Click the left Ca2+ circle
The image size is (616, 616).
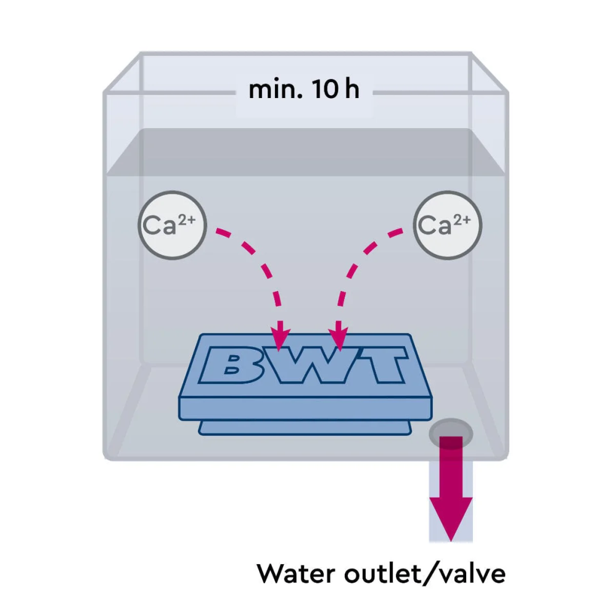(x=173, y=225)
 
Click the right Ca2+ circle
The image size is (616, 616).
(x=448, y=225)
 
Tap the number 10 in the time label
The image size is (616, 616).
(x=325, y=89)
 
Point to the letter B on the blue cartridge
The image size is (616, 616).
(x=232, y=364)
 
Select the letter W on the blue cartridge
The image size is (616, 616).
(x=310, y=364)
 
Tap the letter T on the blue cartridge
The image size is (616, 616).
(x=380, y=364)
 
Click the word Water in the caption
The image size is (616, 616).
(x=295, y=573)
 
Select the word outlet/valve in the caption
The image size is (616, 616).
(x=425, y=573)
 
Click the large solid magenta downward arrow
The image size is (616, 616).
(x=451, y=489)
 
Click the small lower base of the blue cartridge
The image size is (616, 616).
(x=305, y=428)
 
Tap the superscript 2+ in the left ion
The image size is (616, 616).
(x=187, y=220)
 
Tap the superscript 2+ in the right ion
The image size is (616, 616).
(x=462, y=220)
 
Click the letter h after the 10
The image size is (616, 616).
(x=352, y=89)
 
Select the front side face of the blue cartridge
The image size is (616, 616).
(x=306, y=409)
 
